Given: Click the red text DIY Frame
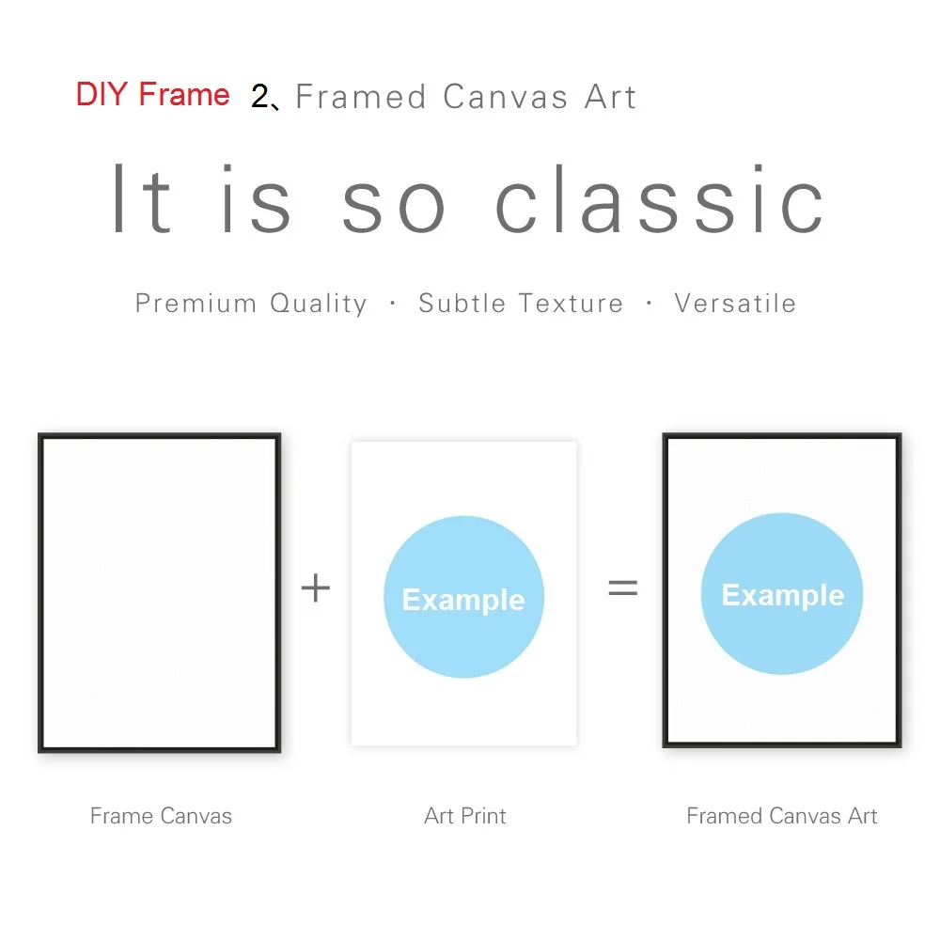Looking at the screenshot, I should coord(152,95).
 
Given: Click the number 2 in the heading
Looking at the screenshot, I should coord(260,97).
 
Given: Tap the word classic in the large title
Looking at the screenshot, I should coord(660,200).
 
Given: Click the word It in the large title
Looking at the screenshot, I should coord(142,200).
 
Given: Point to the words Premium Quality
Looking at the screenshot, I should coord(251,304).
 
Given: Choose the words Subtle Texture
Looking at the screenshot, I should coord(521,304).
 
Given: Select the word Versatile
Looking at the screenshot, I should coord(735,304).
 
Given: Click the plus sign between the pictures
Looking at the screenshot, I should coord(316,588).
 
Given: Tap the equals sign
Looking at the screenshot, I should coord(622,588).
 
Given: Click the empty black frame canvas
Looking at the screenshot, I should coord(159,592).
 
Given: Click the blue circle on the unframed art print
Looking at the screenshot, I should coord(463,555).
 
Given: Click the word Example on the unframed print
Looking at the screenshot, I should coord(463,600).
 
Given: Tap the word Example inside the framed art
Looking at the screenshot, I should coord(782,595).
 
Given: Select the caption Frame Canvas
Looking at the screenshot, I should coord(161,816).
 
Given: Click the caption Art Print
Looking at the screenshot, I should coord(465,816).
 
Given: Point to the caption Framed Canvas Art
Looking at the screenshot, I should coord(782,816).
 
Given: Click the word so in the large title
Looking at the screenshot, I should coord(393,200).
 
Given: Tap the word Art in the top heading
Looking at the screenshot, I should coord(610,97).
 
